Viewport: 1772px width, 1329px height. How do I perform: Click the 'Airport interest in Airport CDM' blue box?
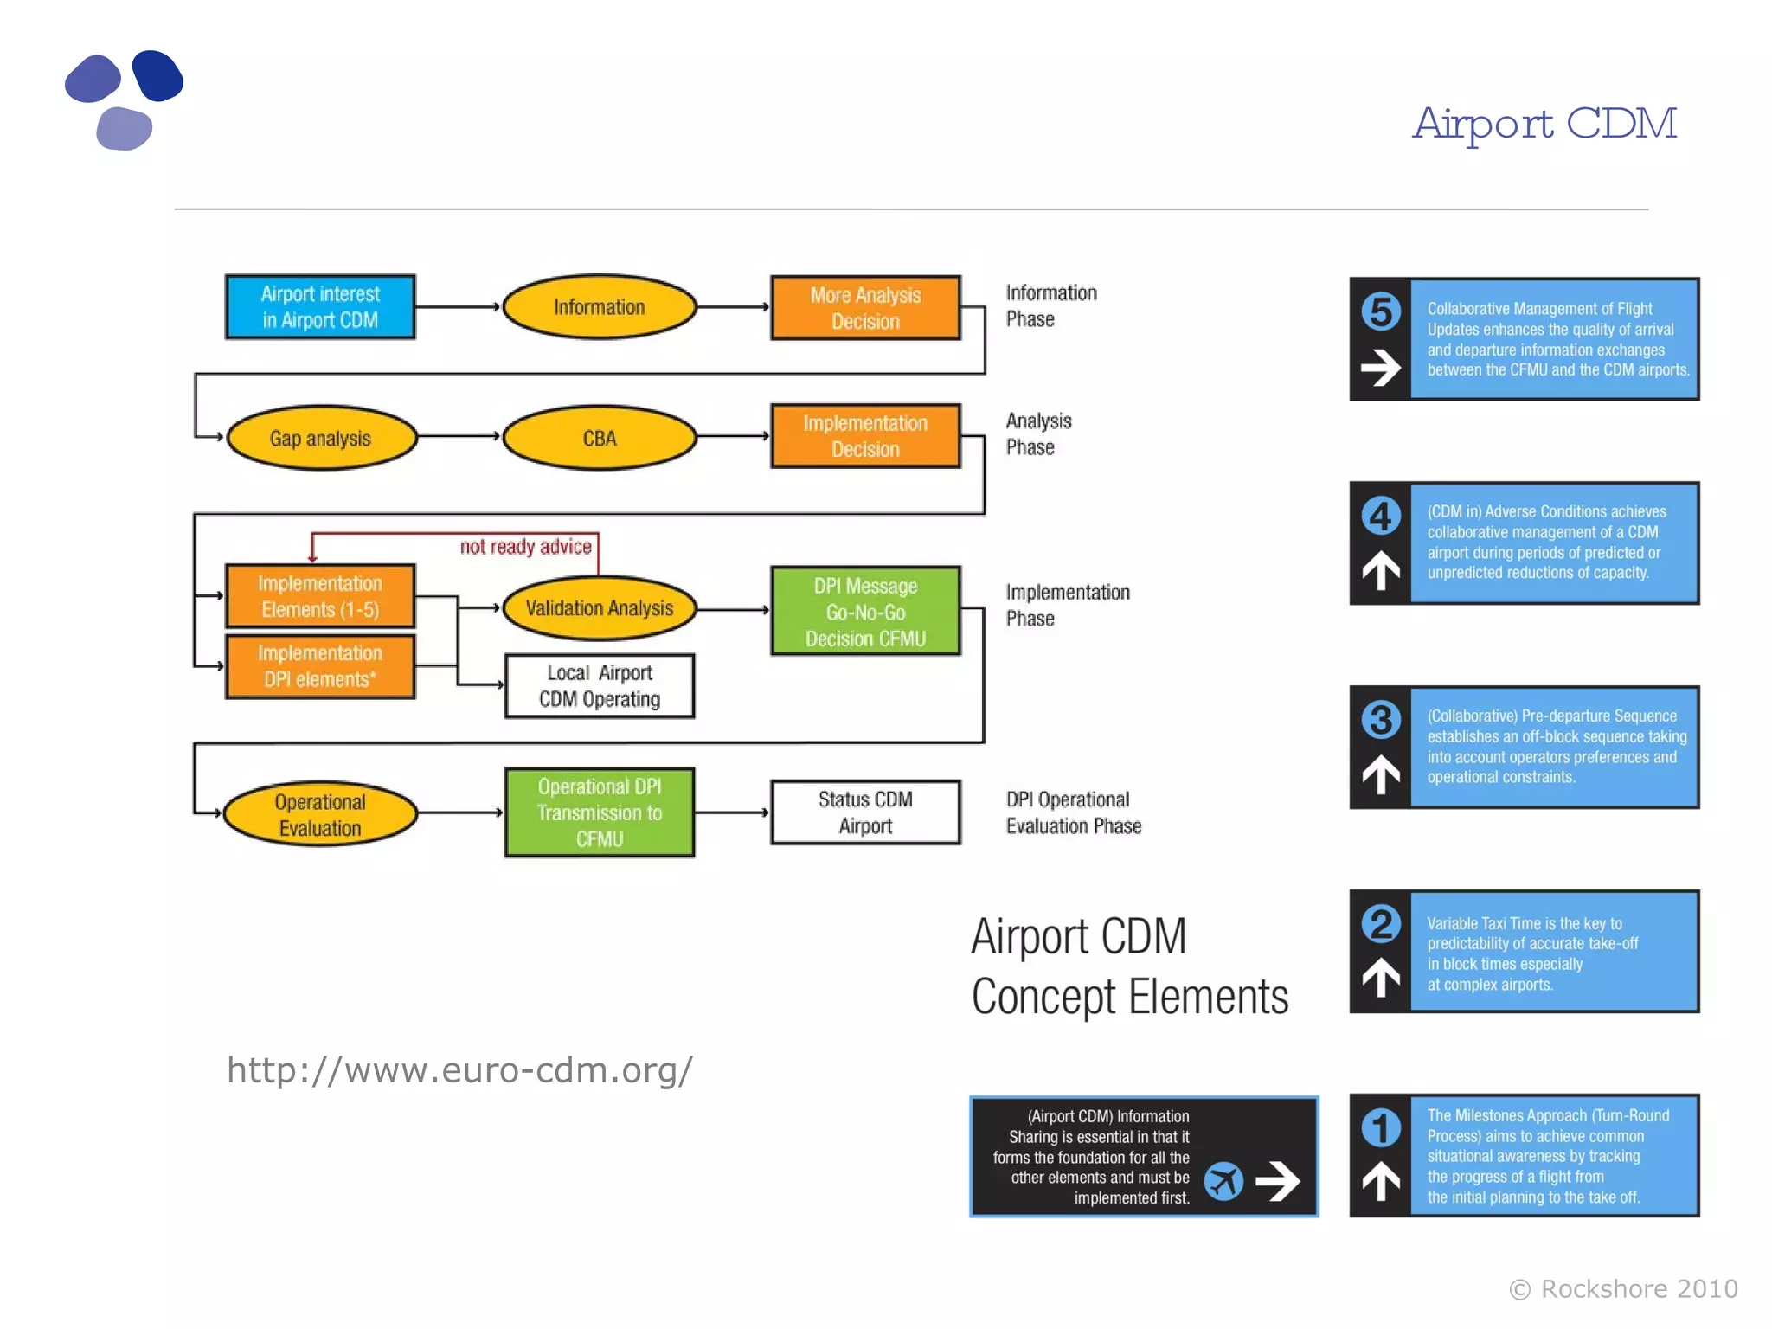click(320, 307)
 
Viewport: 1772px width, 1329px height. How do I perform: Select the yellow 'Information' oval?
click(599, 307)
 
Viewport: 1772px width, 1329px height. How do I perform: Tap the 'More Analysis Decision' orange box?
click(865, 308)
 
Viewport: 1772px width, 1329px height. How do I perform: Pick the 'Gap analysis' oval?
click(320, 438)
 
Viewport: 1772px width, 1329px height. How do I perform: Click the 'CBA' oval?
click(599, 438)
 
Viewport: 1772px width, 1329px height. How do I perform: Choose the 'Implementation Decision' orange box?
click(865, 436)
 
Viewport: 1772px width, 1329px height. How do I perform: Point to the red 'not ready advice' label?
click(525, 547)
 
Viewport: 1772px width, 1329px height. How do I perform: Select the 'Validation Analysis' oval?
click(599, 608)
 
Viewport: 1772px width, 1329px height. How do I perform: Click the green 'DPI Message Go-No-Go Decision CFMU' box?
click(865, 611)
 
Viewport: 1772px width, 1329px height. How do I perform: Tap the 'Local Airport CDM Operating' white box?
click(599, 686)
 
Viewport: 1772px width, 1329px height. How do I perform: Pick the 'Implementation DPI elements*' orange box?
click(320, 666)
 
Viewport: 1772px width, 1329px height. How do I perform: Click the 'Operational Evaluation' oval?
click(320, 814)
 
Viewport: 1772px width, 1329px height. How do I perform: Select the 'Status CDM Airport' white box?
click(865, 812)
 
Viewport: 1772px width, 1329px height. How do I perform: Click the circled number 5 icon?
click(1381, 311)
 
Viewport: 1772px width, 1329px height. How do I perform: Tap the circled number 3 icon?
click(1381, 720)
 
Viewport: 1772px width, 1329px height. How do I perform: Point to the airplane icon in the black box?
click(1223, 1181)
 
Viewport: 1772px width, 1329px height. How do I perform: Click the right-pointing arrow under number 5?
click(1381, 368)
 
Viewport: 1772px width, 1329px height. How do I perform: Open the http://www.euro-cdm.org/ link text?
click(459, 1070)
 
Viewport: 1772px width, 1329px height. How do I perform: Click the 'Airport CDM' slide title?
click(1544, 124)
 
